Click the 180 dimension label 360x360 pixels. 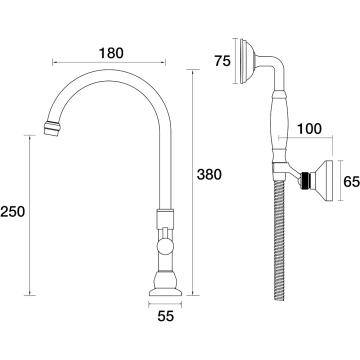click(111, 53)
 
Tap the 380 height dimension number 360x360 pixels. click(209, 175)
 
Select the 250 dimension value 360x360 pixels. click(13, 212)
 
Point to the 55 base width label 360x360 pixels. click(166, 316)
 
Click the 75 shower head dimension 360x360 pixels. click(223, 61)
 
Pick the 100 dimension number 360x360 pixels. click(309, 129)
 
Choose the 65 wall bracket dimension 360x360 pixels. click(352, 182)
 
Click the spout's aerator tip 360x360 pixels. click(52, 128)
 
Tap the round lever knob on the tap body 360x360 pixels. click(165, 247)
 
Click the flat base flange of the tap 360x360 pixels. click(165, 292)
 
